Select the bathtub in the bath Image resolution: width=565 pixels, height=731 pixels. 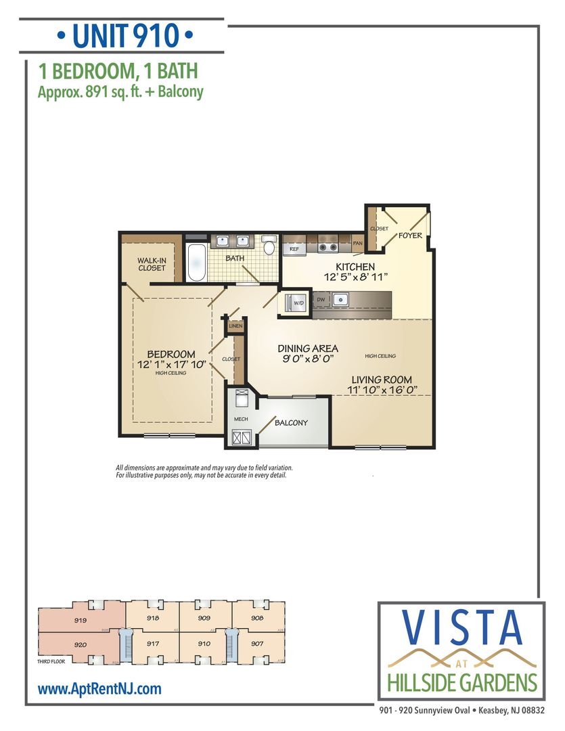[197, 263]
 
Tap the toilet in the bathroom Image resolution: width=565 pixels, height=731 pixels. [269, 246]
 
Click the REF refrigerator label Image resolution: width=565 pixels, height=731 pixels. [294, 249]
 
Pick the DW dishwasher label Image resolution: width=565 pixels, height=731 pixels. [321, 298]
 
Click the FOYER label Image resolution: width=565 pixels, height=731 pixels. [410, 236]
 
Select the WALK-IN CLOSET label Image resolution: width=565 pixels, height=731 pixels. [152, 264]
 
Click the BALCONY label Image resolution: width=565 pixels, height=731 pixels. [291, 423]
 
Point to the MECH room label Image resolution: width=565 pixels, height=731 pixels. [241, 419]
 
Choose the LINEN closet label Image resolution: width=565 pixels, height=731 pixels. [235, 326]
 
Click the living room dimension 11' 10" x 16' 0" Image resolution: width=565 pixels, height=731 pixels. [381, 390]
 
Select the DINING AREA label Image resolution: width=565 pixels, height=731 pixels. [308, 349]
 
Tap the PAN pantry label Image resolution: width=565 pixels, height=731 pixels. [358, 242]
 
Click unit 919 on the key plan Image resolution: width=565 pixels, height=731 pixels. [80, 619]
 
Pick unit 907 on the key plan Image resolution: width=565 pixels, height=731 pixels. [256, 644]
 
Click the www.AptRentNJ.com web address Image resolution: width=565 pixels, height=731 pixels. [99, 689]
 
